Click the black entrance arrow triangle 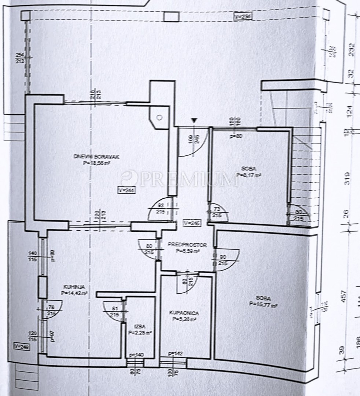point(194,120)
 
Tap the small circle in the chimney point(159,118)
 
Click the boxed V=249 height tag point(21,346)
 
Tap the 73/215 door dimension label point(217,212)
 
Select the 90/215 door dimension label point(223,260)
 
